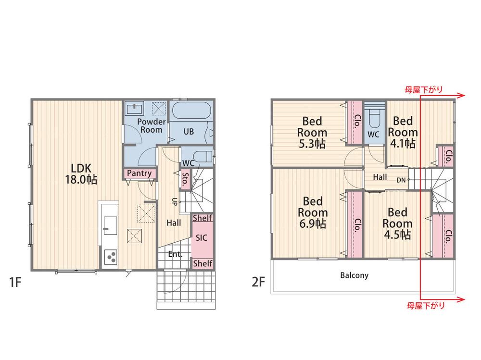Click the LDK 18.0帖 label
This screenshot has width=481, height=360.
81,174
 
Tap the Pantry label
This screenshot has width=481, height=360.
139,173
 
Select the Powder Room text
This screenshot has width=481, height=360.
151,126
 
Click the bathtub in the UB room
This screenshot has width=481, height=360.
191,111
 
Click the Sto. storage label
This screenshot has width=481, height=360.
185,180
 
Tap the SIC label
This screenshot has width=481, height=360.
202,238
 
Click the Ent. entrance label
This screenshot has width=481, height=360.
176,254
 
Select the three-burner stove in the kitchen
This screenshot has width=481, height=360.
111,257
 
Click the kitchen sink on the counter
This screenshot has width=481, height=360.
110,226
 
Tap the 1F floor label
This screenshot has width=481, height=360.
15,282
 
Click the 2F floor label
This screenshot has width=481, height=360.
258,282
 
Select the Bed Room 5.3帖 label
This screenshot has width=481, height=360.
312,133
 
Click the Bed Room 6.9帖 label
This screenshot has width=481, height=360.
313,212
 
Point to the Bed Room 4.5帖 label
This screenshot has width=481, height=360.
397,223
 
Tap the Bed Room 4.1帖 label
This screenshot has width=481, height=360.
403,132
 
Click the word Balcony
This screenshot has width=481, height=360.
354,275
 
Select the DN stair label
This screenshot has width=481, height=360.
401,180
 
